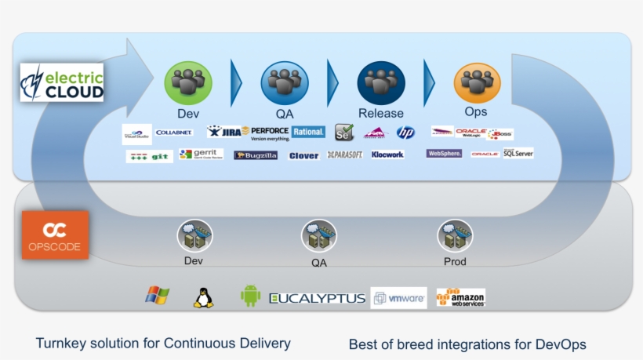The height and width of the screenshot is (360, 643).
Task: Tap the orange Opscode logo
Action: click(x=55, y=235)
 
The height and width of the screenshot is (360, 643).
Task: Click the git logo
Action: click(x=149, y=156)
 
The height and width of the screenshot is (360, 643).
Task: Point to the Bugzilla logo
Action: click(x=256, y=155)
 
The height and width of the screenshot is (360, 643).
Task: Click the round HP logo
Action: click(x=405, y=133)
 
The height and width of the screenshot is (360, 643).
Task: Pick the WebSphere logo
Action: click(x=444, y=154)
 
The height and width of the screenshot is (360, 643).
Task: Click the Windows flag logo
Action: click(x=157, y=296)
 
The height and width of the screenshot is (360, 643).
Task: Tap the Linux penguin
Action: click(x=203, y=297)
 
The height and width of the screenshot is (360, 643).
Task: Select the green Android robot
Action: click(x=250, y=296)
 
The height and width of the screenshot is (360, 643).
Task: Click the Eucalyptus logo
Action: click(x=318, y=298)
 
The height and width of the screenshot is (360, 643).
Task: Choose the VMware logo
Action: click(x=398, y=298)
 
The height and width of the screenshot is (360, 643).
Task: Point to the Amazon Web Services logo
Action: click(x=461, y=297)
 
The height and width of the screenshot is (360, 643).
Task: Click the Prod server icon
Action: click(x=455, y=236)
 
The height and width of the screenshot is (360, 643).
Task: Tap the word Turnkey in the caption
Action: click(x=60, y=343)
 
